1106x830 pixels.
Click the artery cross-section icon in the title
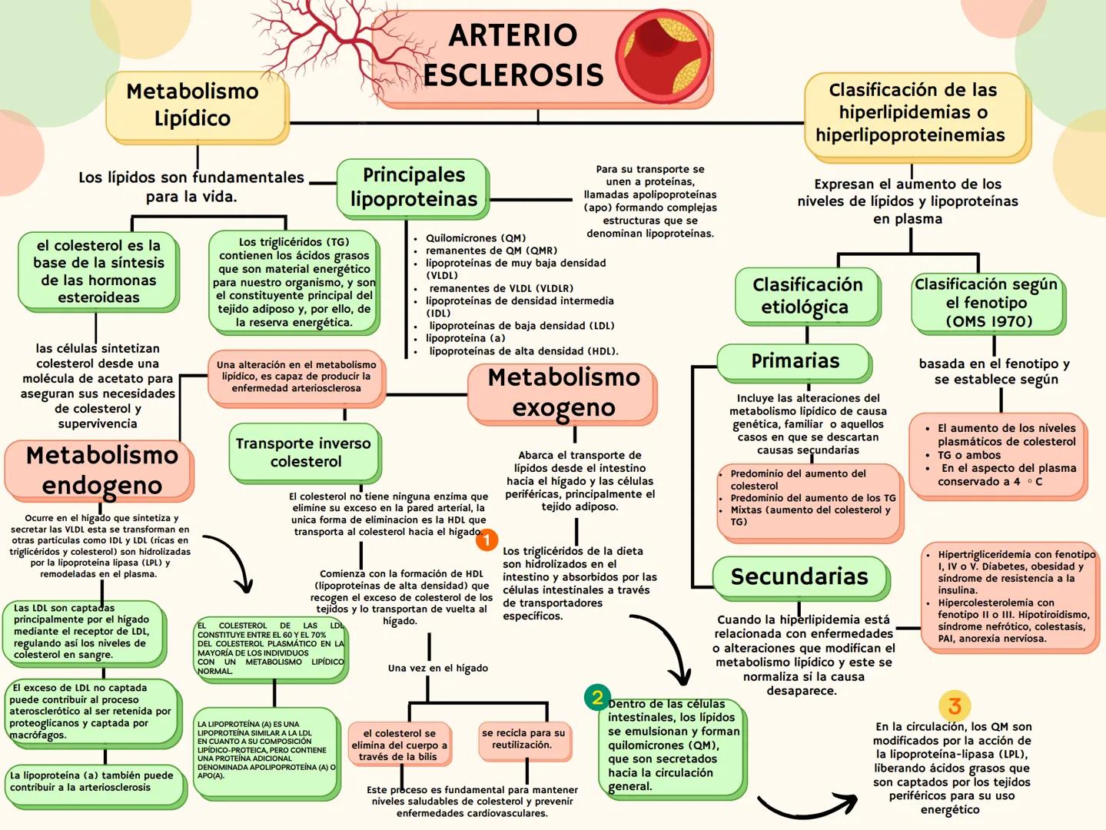[662, 52]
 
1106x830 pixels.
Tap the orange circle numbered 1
[487, 540]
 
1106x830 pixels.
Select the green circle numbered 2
[597, 697]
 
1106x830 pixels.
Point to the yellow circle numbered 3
[955, 705]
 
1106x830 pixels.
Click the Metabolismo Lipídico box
[193, 105]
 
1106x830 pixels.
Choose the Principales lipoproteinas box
[414, 187]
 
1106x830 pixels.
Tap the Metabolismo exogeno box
[563, 393]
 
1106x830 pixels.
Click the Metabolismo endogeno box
[101, 470]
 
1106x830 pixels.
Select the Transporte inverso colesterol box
[304, 452]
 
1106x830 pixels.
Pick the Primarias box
[795, 360]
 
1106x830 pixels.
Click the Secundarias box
[799, 576]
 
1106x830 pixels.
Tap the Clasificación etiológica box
[807, 296]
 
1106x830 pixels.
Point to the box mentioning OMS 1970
[988, 303]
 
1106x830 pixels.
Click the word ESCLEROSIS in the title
[513, 75]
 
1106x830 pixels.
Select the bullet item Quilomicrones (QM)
[476, 238]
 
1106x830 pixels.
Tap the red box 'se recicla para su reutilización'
[523, 739]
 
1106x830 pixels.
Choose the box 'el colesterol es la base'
[98, 271]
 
